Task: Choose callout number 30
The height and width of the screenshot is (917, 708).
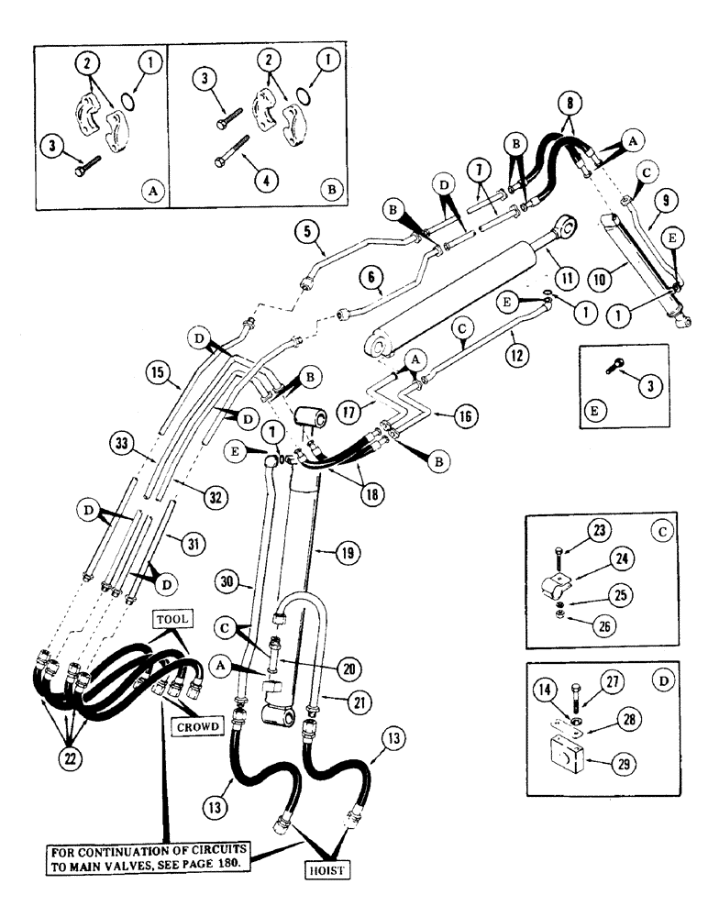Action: (227, 581)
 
